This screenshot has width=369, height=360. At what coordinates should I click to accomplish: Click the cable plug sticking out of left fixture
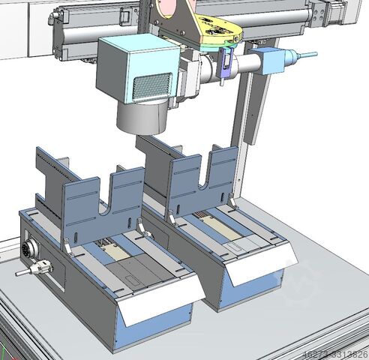[x=37, y=266]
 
